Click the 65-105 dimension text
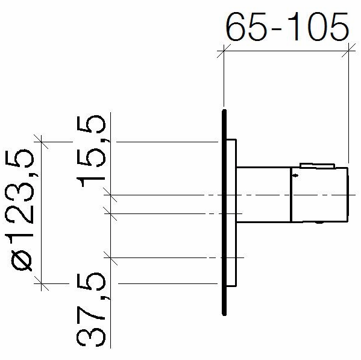pos(287,27)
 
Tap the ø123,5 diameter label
pos(19,210)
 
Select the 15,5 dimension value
pos(91,151)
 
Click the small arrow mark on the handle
pos(295,175)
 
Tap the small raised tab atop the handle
pos(317,166)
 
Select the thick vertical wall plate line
pos(224,212)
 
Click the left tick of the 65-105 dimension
pos(224,51)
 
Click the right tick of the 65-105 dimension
pos(348,51)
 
